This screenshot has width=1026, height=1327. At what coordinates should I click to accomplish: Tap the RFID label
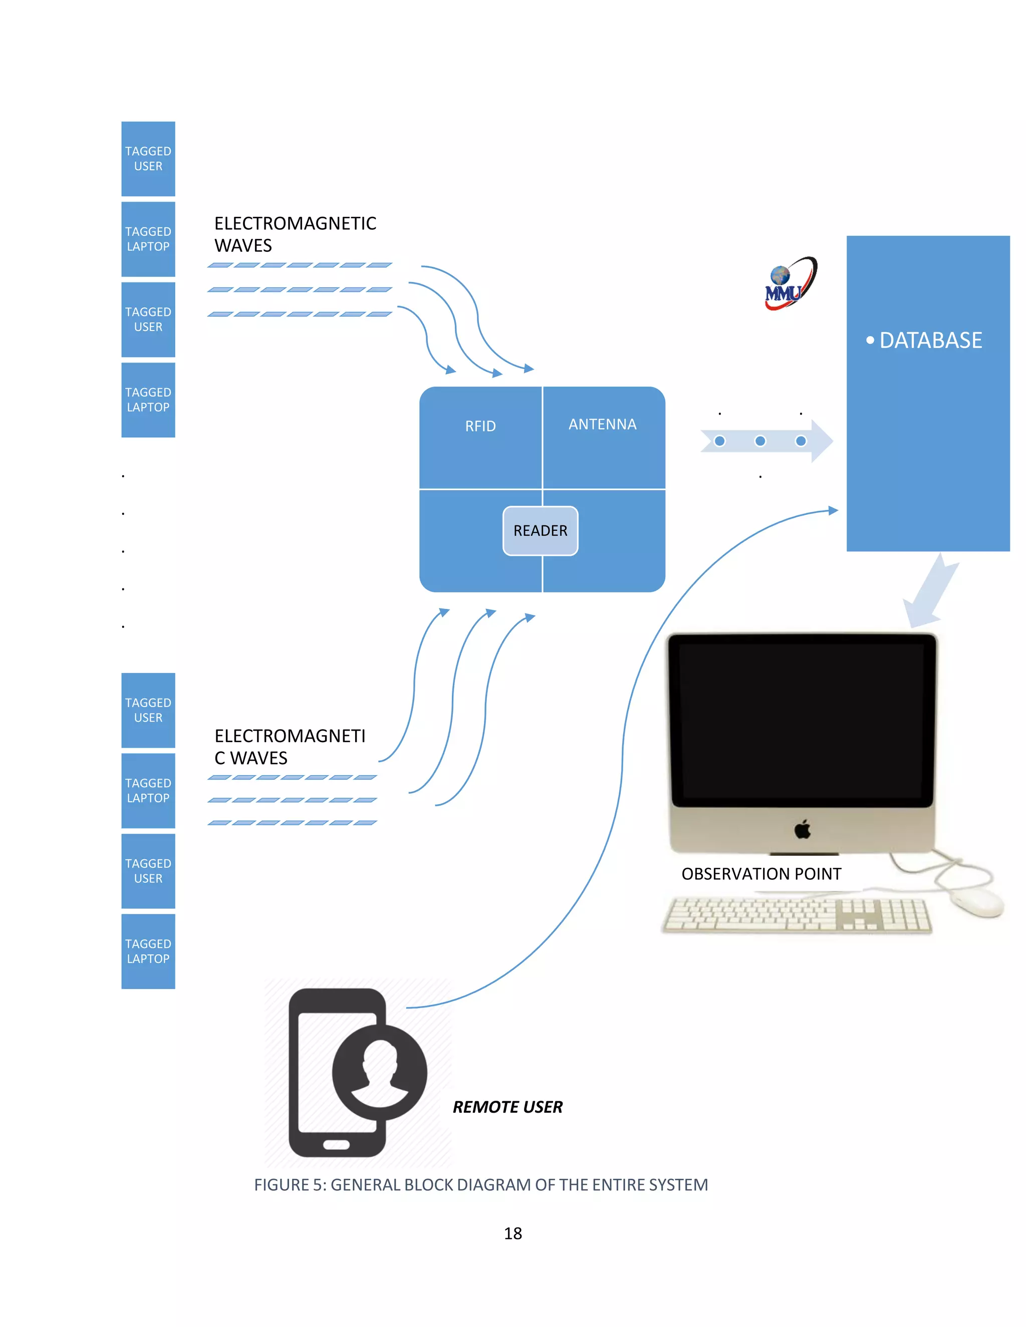tap(480, 426)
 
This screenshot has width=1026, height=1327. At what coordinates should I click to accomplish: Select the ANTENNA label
tap(602, 424)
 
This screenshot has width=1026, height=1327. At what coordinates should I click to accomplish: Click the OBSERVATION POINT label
tap(761, 874)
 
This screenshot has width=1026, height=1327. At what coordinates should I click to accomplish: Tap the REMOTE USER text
tap(507, 1107)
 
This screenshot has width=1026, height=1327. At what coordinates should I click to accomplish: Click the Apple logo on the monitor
tap(803, 829)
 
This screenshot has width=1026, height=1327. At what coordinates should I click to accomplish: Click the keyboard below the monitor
tap(796, 915)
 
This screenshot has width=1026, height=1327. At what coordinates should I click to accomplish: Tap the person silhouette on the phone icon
tap(379, 1073)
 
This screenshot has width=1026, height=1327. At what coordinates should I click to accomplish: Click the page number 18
tap(512, 1233)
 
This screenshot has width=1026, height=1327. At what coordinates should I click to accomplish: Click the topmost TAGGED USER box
tap(148, 159)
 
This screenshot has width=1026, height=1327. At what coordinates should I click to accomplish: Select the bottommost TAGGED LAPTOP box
tap(148, 951)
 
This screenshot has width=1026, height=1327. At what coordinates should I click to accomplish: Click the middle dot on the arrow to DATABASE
tap(760, 441)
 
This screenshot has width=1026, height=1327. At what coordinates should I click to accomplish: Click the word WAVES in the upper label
tap(243, 245)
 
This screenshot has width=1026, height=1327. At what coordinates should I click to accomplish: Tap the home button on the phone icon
tap(336, 1145)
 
